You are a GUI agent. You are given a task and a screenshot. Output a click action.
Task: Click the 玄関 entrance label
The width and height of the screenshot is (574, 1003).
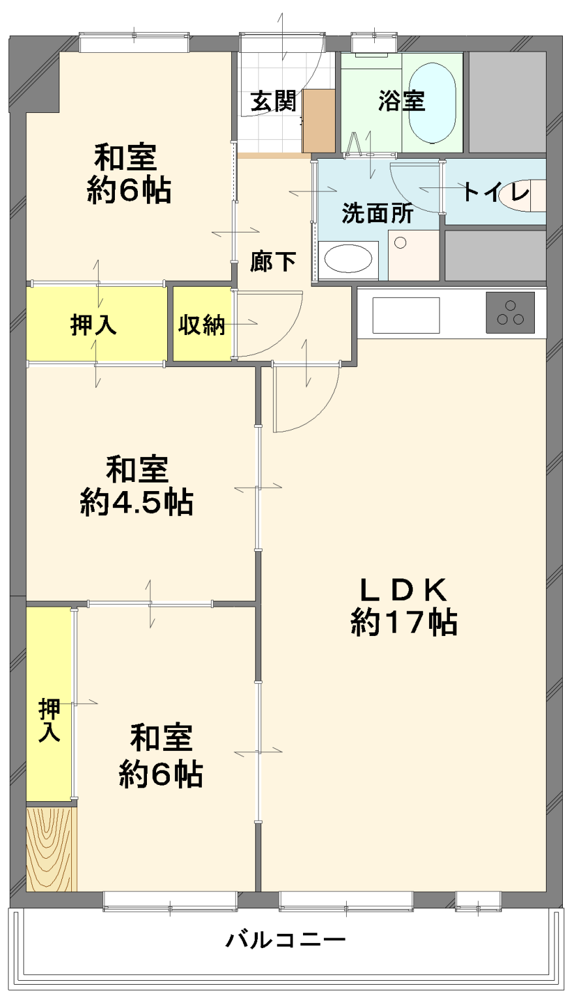tap(274, 101)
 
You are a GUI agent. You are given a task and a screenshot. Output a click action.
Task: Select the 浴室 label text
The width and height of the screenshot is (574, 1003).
tap(401, 101)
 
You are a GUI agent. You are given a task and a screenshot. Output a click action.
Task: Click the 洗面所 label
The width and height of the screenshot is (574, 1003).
tap(377, 214)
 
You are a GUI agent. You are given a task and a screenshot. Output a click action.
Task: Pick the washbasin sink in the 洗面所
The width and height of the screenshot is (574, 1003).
tap(348, 259)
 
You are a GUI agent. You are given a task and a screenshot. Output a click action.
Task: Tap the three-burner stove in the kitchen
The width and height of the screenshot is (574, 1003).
tap(510, 312)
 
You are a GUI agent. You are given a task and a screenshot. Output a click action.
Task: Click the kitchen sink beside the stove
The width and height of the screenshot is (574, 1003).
tap(406, 315)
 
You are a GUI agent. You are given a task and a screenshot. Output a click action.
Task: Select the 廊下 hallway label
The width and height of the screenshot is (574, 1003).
tap(273, 262)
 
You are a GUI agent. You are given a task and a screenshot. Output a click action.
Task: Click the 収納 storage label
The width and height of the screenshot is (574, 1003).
tap(202, 325)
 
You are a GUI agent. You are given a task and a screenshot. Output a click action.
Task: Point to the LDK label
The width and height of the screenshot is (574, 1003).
tap(403, 590)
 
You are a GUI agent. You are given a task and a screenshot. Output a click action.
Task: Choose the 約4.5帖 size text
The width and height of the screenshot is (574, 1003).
tap(136, 503)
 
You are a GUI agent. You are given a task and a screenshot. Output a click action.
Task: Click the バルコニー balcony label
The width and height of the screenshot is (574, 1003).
tap(285, 940)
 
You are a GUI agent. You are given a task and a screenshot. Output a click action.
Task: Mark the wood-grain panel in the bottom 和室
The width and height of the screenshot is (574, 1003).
tap(51, 849)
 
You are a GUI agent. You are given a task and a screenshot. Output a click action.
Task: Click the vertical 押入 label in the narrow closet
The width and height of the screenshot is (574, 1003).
tap(49, 720)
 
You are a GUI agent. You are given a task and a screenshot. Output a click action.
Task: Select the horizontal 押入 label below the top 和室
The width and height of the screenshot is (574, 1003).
tap(93, 325)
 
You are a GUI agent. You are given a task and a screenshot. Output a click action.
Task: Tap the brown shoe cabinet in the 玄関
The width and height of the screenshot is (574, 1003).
tap(319, 121)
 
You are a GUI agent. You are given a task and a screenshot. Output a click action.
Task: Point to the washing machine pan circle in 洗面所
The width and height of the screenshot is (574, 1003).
tap(401, 243)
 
